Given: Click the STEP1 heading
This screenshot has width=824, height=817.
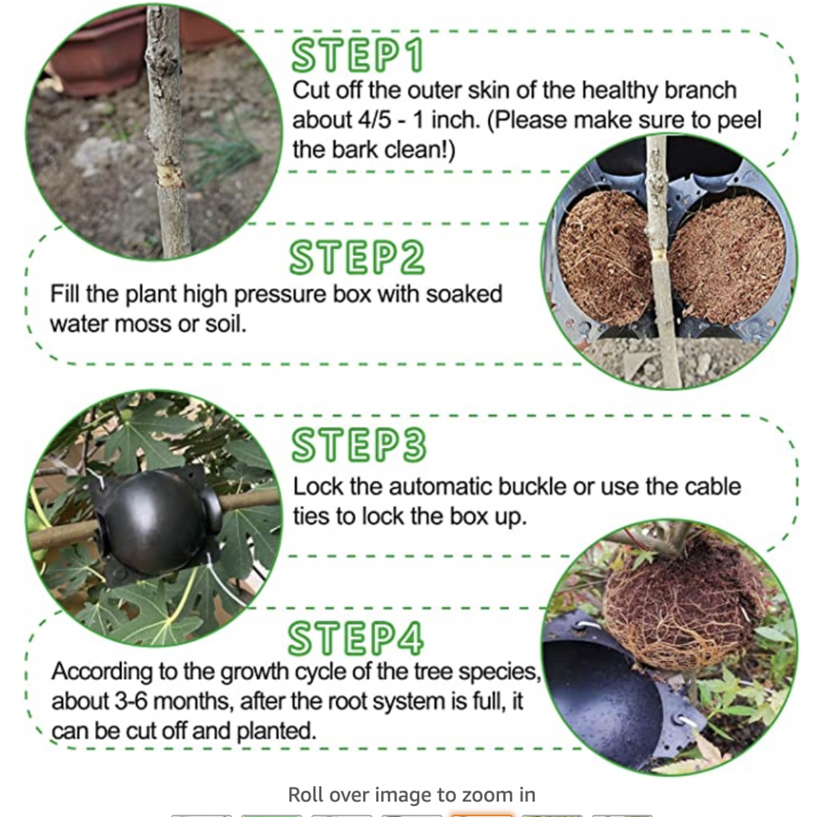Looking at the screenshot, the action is pos(357,55).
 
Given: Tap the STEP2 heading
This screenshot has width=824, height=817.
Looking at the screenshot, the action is pos(357,257).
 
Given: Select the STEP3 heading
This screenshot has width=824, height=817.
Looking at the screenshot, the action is pos(359,445).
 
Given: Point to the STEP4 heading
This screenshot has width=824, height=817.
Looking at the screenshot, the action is pos(356,638).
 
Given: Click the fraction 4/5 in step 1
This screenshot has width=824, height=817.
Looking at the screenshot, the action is pos(375,120).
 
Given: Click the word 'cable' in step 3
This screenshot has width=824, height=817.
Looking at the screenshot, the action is pos(713,486).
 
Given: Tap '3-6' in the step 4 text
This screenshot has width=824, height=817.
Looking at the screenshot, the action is pos(131,702).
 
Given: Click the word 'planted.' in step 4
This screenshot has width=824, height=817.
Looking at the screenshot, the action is pos(276,731).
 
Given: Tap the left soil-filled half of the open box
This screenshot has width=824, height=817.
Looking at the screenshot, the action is pos(604,257).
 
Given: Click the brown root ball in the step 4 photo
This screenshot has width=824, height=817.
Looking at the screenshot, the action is pos(682,603).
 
